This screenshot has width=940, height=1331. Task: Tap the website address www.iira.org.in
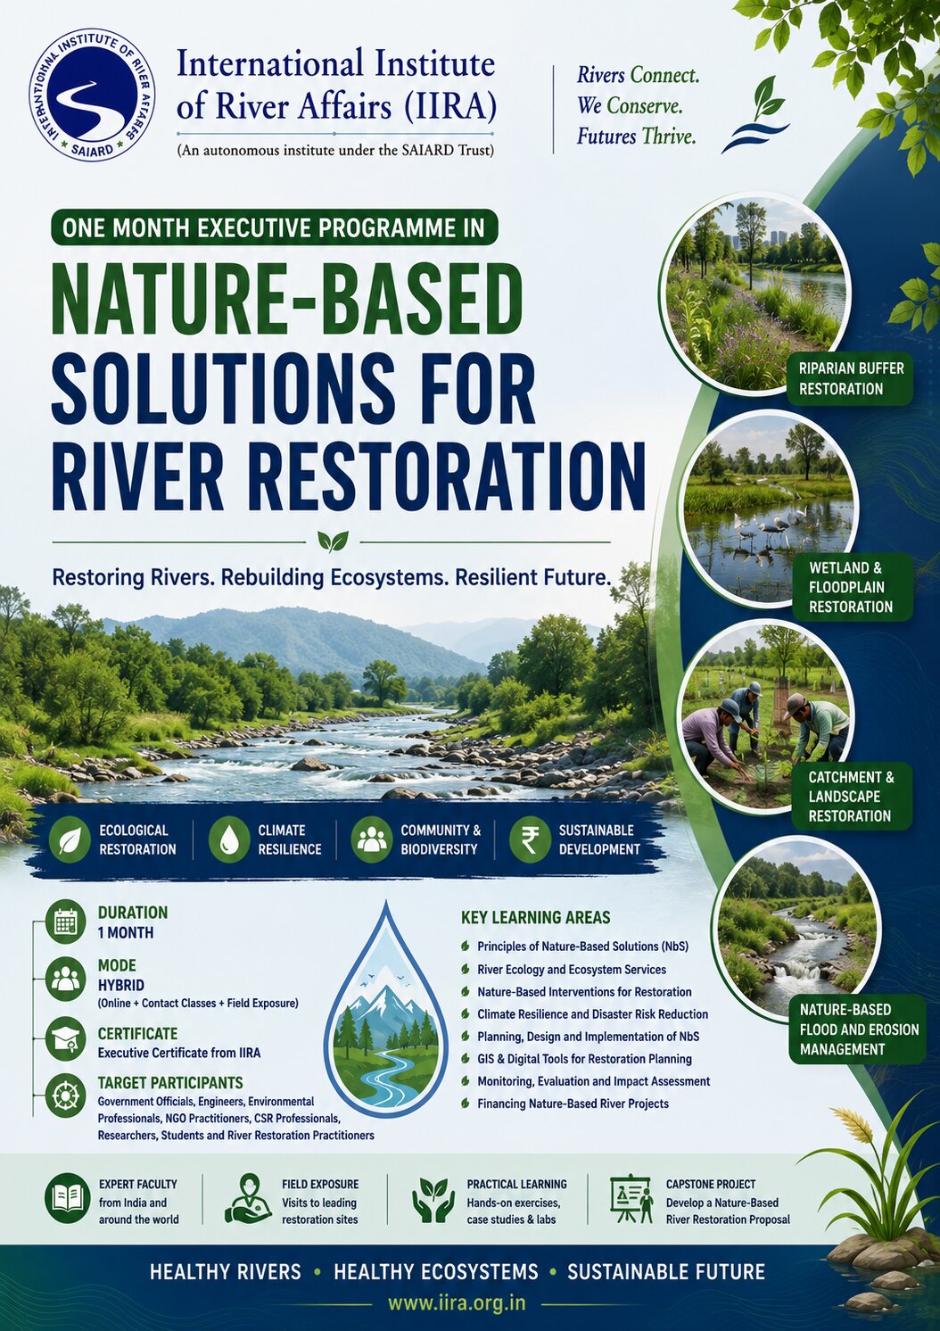tap(457, 1302)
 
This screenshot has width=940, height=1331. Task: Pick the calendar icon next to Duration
tap(66, 922)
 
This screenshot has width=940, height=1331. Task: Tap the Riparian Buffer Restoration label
tap(851, 378)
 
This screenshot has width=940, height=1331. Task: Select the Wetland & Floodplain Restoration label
tap(851, 587)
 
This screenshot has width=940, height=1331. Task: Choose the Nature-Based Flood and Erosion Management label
tap(858, 1029)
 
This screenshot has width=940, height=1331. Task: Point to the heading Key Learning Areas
tap(535, 917)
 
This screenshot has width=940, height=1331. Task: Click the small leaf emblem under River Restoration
tap(333, 541)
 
